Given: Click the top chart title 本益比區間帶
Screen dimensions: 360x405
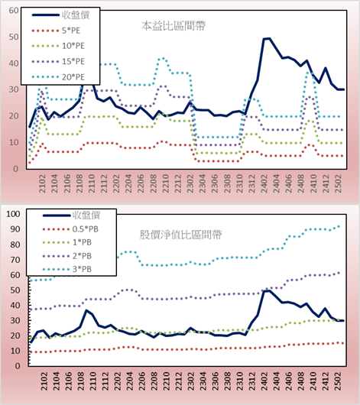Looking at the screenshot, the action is [x=174, y=26].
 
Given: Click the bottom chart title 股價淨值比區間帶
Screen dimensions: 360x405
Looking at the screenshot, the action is [x=180, y=235].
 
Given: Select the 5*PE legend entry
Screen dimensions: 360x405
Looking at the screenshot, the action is [x=56, y=31].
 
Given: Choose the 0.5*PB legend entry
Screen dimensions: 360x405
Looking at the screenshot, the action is [x=70, y=229].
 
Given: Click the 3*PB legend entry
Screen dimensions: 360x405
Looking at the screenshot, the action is [x=67, y=269].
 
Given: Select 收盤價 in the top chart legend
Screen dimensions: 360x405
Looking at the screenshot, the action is [x=60, y=15].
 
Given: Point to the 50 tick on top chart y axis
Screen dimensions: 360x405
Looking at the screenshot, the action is [x=14, y=37].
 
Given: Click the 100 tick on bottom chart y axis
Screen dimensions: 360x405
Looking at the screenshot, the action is [x=13, y=214].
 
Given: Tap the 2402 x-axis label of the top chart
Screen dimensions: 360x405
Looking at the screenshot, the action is [x=264, y=183].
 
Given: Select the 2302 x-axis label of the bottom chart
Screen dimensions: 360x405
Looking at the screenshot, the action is [x=190, y=381].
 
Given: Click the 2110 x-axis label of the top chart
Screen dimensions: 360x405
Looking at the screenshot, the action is [x=92, y=183].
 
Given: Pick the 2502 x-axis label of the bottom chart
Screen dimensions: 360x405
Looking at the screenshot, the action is [x=338, y=381].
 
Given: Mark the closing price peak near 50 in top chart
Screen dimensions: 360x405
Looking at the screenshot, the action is [x=267, y=38].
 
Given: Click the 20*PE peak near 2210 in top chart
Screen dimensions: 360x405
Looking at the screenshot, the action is [x=162, y=59].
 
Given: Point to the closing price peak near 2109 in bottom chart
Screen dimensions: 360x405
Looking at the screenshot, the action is [x=86, y=310].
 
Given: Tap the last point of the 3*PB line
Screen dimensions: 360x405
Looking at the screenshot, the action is [x=339, y=226].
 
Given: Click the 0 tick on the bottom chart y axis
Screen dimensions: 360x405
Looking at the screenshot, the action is [x=18, y=366].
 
